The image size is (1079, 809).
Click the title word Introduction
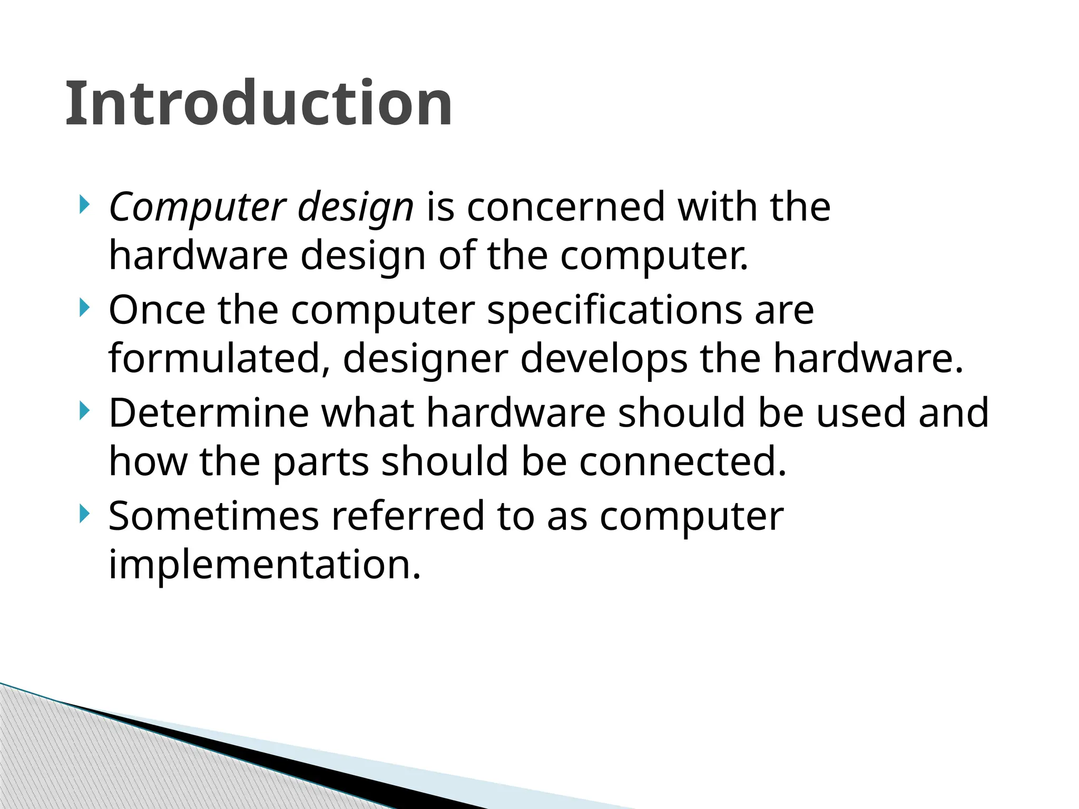point(259,103)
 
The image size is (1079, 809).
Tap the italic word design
point(356,208)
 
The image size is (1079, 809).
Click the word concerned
point(566,206)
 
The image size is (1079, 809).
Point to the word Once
point(156,310)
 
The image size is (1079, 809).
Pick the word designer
point(426,359)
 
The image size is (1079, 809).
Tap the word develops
point(604,359)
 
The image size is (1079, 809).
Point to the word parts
point(321,461)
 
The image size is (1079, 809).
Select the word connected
point(683,461)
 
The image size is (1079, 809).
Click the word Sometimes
point(213,516)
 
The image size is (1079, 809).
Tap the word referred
point(407,516)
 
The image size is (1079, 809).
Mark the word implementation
point(264,564)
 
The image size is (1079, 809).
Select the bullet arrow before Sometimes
point(83,514)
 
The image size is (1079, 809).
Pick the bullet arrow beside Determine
point(83,411)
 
